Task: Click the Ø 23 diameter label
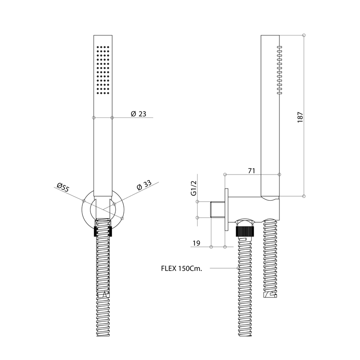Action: (139, 114)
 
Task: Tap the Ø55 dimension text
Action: (63, 187)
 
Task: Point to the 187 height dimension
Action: (300, 117)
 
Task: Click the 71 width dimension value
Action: (252, 171)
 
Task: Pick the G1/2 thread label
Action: (194, 188)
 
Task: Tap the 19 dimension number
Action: (196, 243)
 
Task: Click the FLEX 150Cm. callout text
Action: (182, 268)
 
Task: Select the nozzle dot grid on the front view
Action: (103, 70)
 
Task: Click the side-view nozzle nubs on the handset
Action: (279, 70)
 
